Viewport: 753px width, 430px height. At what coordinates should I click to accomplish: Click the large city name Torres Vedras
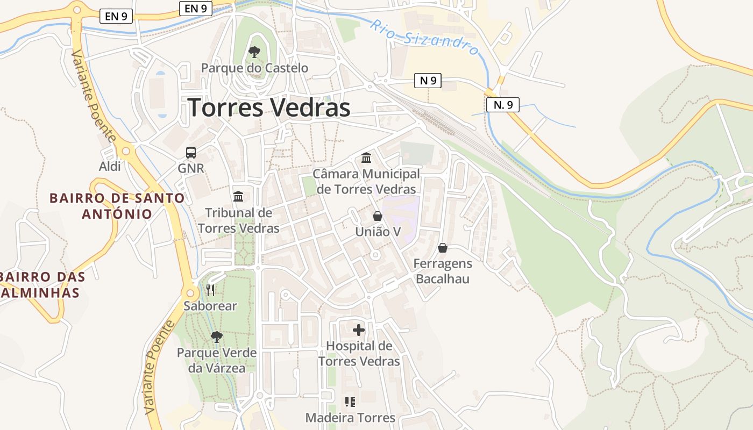pos(269,107)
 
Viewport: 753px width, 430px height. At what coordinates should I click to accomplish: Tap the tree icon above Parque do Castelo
pos(254,52)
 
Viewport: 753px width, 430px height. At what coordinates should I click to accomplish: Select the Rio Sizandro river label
pos(425,38)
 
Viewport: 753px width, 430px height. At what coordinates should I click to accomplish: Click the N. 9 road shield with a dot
pos(502,105)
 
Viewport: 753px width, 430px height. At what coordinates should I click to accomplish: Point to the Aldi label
pos(110,167)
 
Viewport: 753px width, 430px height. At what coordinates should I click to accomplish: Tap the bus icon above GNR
pos(191,153)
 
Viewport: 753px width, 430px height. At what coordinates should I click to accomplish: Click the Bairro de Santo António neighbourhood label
pos(117,206)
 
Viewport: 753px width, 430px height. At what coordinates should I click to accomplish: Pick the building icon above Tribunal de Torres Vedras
pos(238,197)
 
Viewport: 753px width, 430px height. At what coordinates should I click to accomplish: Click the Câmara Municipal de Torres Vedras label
pos(366,182)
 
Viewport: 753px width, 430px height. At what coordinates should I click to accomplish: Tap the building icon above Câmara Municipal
pos(366,157)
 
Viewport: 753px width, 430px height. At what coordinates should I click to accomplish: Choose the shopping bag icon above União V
pos(378,216)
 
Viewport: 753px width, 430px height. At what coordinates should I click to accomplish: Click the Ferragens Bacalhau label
pos(443,271)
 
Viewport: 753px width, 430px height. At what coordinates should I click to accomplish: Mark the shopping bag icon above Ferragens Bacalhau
pos(443,248)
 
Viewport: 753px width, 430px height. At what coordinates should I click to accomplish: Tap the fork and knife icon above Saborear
pos(210,290)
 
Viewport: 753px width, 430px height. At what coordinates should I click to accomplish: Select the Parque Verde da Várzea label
pos(217,361)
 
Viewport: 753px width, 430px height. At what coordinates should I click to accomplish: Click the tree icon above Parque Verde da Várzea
pos(217,337)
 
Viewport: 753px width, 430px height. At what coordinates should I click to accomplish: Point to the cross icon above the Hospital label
pos(359,329)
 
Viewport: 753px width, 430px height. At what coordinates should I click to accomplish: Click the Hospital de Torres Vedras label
pos(359,353)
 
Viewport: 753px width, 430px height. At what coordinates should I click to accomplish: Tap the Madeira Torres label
pos(350,418)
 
